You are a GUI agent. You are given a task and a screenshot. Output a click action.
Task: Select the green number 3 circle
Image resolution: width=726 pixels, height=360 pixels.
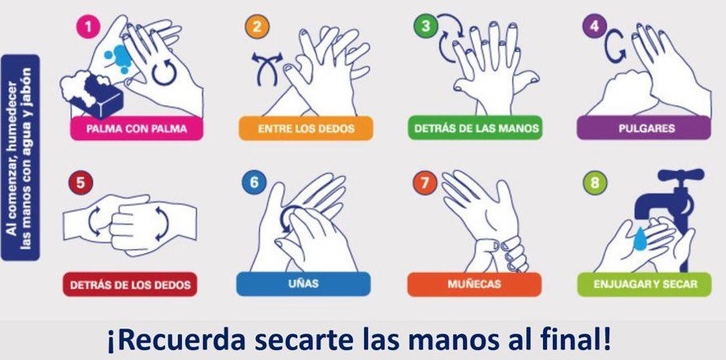pos(425,26)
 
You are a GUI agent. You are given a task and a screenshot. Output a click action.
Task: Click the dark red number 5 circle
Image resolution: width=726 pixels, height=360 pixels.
pos(81,183)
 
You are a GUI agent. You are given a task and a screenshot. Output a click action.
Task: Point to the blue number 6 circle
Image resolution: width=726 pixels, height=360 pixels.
pos(253,182)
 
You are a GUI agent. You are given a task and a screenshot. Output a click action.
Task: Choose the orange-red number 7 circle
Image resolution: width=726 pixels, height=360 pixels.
pos(425,182)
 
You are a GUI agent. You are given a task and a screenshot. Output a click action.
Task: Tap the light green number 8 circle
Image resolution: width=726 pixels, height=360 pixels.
pos(595,183)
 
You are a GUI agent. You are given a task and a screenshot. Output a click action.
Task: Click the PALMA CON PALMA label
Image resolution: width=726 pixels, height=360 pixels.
pos(136,128)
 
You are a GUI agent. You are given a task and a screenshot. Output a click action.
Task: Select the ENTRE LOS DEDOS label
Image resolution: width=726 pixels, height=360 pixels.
pos(305,128)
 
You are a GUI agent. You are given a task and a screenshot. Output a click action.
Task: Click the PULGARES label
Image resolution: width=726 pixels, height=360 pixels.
pos(644,127)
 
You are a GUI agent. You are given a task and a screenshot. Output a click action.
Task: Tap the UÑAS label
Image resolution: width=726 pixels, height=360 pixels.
pos(303,283)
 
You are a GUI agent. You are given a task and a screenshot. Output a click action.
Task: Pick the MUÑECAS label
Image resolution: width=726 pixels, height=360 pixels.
pos(474,284)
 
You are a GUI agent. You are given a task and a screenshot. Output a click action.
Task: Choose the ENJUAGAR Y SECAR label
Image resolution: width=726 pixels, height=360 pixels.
pos(644,284)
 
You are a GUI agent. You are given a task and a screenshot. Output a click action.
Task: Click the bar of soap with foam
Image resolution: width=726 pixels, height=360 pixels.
pos(92,95)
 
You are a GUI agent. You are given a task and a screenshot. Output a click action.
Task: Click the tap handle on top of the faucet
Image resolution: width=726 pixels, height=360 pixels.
pos(680,175)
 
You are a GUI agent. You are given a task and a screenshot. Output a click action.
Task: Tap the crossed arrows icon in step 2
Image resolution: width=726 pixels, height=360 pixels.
pos(267,68)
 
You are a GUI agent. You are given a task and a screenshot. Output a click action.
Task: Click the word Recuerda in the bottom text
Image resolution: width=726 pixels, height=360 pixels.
pos(176,340)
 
